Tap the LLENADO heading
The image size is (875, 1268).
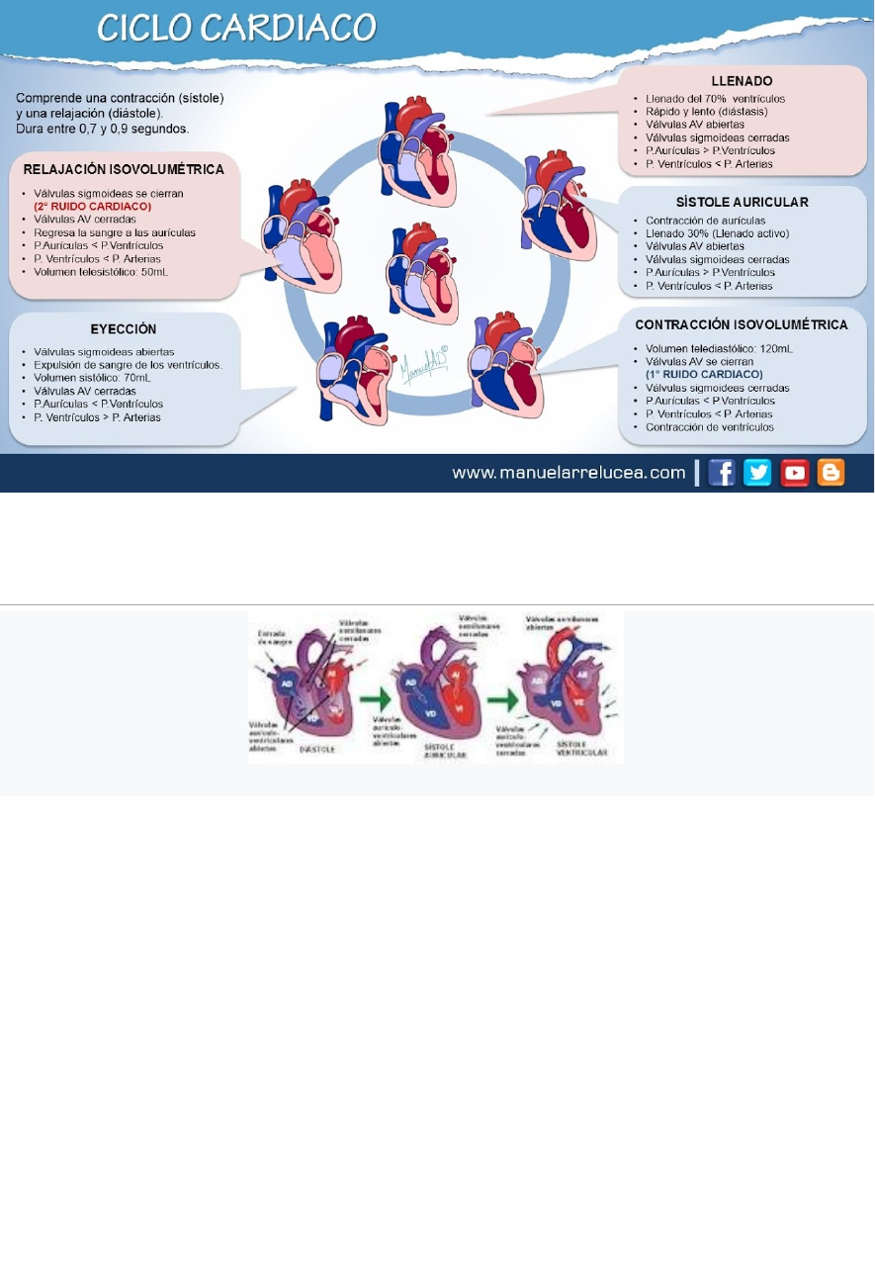743,80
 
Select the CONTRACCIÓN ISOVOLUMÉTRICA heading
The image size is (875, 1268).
742,324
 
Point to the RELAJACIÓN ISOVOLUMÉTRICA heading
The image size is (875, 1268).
124,170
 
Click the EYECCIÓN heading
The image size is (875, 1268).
124,329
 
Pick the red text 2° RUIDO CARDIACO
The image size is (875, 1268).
93,207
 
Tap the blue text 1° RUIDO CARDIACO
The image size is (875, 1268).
704,375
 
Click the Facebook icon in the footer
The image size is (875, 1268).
722,473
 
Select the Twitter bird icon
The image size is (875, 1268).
757,473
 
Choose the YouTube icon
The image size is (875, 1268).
795,473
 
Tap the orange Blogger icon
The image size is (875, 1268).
831,473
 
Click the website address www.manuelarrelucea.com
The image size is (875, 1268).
569,473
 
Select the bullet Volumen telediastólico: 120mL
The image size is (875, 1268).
719,349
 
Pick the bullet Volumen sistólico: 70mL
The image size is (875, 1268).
92,378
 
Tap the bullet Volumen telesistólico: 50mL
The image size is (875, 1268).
101,271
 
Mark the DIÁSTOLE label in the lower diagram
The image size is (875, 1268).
317,749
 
